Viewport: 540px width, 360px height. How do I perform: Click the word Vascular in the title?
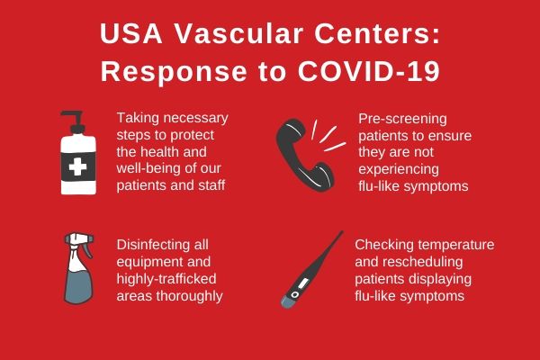[x=239, y=34]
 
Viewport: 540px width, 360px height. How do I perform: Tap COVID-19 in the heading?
[x=368, y=71]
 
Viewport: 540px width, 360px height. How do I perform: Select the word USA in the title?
[x=130, y=34]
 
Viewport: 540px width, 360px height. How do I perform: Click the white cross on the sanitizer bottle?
[x=77, y=166]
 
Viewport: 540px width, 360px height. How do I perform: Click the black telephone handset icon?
[x=304, y=155]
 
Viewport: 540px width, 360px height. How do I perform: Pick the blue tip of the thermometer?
[x=288, y=302]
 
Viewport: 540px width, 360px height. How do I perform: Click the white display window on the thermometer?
[x=303, y=283]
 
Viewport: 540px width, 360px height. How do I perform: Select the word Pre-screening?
[x=402, y=119]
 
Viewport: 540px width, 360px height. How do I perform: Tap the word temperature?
[x=458, y=245]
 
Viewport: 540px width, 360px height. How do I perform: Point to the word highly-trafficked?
[x=166, y=279]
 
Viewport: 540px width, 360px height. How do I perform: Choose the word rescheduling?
[x=424, y=262]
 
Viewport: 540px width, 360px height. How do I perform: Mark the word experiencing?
[x=399, y=170]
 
